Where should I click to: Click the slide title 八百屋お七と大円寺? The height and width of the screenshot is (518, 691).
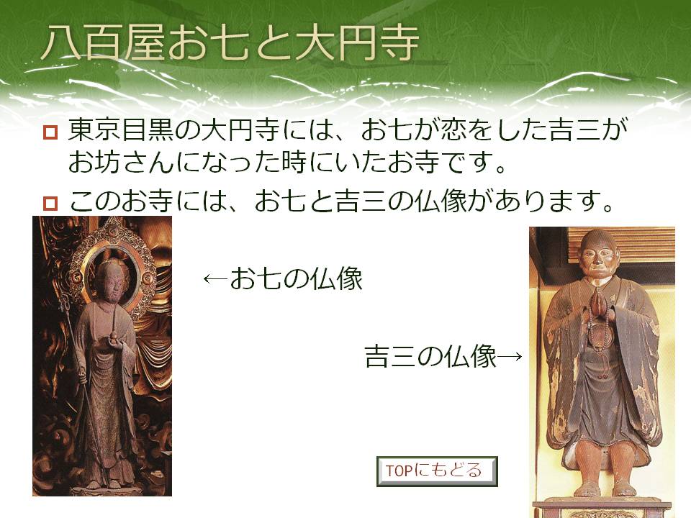pyautogui.click(x=230, y=43)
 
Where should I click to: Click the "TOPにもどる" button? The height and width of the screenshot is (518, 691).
pyautogui.click(x=437, y=471)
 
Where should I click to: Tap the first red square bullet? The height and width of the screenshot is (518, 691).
pyautogui.click(x=50, y=132)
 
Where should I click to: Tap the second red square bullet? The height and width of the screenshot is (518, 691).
pyautogui.click(x=50, y=203)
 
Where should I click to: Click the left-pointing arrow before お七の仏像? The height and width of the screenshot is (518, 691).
pyautogui.click(x=215, y=279)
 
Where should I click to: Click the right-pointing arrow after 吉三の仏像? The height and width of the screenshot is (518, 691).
pyautogui.click(x=510, y=356)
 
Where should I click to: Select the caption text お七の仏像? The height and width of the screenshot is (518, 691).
pyautogui.click(x=296, y=278)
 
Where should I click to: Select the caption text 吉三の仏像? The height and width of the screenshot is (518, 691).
pyautogui.click(x=430, y=356)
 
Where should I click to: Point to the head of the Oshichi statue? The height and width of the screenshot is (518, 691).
pyautogui.click(x=110, y=281)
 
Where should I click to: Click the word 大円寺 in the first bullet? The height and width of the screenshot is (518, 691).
pyautogui.click(x=240, y=130)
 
